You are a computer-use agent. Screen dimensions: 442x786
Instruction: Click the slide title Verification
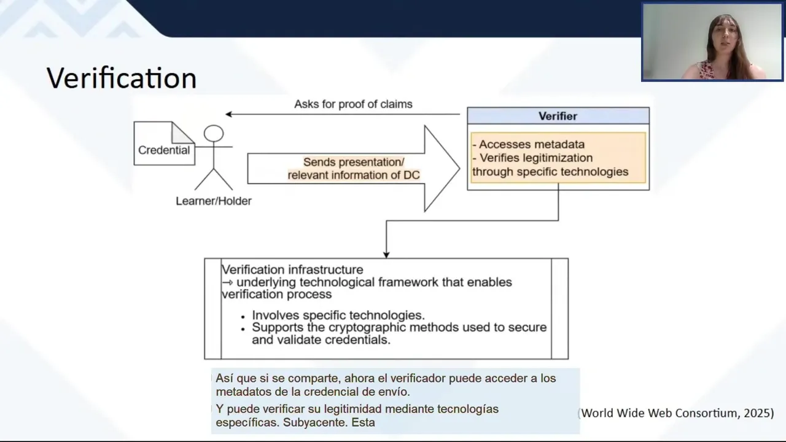click(x=121, y=79)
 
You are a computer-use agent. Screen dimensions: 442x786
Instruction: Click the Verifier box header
click(x=558, y=116)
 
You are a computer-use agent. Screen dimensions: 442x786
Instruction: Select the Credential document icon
click(x=164, y=144)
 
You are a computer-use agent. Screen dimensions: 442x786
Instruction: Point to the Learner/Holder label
click(x=214, y=201)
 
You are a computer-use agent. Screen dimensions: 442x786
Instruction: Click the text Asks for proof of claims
click(x=353, y=104)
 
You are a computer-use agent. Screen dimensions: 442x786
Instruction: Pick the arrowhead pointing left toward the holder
click(x=228, y=114)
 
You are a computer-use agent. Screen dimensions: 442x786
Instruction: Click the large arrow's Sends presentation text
click(x=354, y=163)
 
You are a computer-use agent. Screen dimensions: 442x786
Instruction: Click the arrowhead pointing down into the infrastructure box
click(x=386, y=254)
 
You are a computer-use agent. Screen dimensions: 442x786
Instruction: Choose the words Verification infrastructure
click(x=292, y=270)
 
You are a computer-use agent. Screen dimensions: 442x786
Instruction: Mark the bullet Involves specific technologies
click(x=338, y=316)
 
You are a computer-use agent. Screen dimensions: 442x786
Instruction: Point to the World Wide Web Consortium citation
click(x=677, y=413)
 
